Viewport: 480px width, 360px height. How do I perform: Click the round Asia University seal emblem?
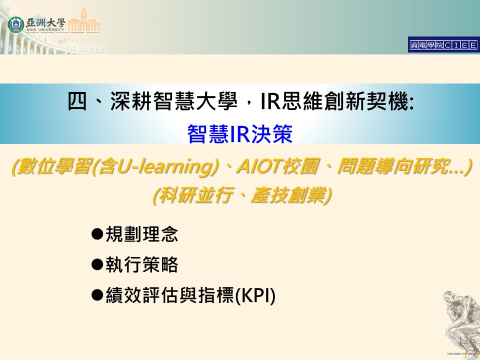tap(15, 24)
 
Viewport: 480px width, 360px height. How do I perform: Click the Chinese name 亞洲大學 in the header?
tap(45, 22)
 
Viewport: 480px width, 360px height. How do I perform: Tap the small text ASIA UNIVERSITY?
tap(45, 29)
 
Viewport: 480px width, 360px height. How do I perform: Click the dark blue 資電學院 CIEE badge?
tap(443, 45)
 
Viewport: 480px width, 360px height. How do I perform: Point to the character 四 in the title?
tap(77, 101)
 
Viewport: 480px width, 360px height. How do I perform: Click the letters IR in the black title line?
tap(270, 101)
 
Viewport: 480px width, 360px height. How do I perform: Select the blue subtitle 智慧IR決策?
tap(240, 134)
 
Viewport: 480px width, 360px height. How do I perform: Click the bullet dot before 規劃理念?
tap(97, 234)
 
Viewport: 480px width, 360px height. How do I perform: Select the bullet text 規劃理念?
tap(141, 234)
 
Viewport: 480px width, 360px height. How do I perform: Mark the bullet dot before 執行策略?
tap(97, 264)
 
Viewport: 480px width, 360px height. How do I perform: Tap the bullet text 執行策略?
tap(141, 264)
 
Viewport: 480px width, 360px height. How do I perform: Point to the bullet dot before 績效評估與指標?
tap(97, 295)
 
